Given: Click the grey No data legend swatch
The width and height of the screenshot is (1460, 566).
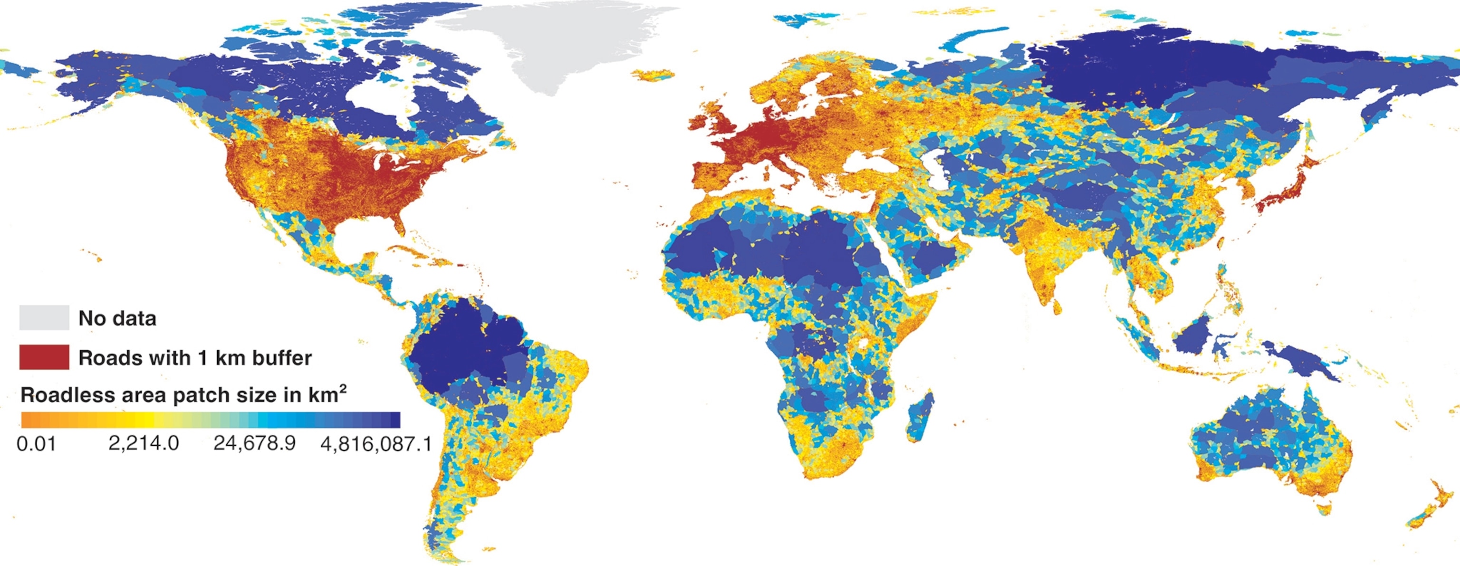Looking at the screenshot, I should (44, 317).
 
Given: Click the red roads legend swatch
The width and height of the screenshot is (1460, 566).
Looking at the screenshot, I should (44, 357).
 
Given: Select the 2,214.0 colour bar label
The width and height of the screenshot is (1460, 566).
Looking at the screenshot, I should (144, 443).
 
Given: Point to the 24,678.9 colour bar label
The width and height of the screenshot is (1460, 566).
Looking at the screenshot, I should (254, 443).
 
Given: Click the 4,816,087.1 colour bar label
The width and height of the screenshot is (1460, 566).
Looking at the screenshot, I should (376, 443).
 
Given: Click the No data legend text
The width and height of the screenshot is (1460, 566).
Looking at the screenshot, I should (117, 318).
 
